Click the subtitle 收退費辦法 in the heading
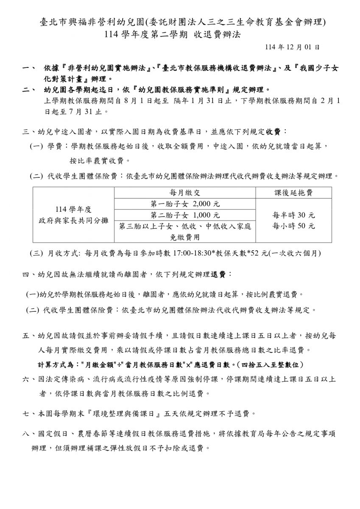(218, 35)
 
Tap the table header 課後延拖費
(293, 193)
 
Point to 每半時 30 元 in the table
(293, 215)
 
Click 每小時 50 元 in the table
(293, 226)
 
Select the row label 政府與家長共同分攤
(73, 221)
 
